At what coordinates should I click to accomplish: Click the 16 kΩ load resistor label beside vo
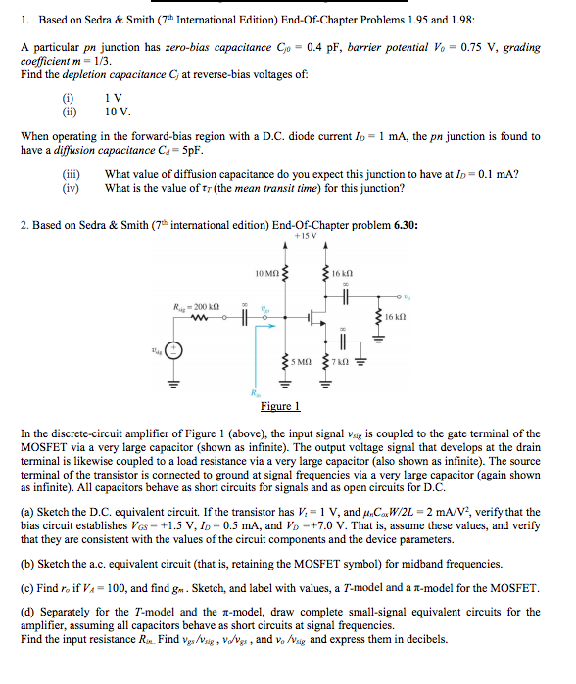coord(393,317)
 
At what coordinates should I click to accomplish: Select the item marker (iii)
coord(70,175)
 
